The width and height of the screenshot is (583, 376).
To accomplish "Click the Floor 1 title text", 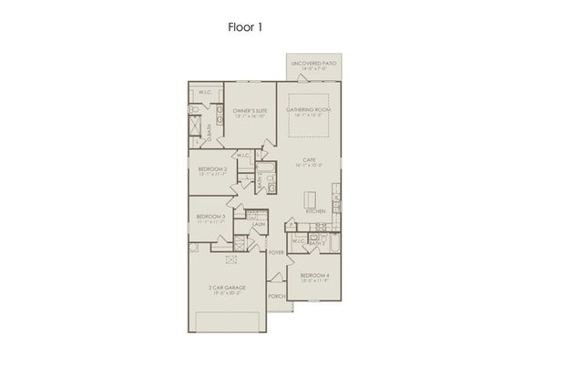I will coord(246,27).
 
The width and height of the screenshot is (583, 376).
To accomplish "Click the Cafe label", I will coord(309,162).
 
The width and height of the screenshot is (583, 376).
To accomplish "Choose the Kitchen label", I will coord(315,210).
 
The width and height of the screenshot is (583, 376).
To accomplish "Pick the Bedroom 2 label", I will coord(212,169).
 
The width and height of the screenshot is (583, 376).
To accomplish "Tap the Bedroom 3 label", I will coord(210,218).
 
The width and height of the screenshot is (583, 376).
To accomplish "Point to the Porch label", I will coord(276,297).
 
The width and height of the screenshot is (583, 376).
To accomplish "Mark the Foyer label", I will coord(275,254).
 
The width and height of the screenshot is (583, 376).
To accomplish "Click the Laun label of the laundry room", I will coord(259,225).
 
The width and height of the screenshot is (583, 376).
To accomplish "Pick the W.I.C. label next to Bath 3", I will coord(298,241).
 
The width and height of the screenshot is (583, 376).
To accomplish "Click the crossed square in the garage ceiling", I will coord(230,260).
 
